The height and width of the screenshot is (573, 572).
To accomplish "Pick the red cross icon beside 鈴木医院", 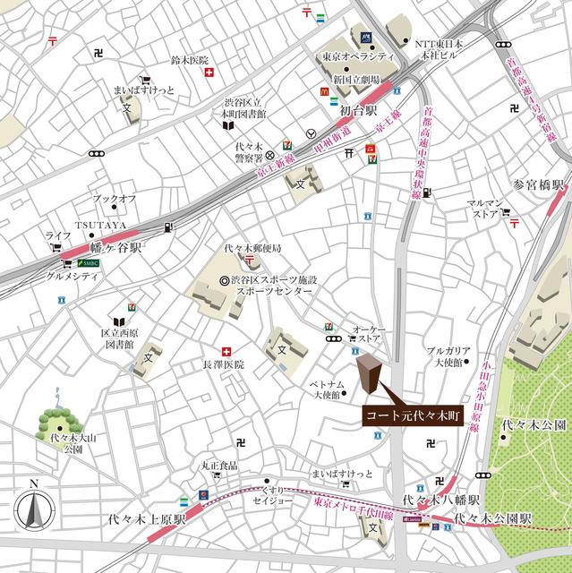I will pyautogui.click(x=210, y=75).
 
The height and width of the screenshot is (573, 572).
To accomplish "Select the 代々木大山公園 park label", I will pyautogui.click(x=61, y=444).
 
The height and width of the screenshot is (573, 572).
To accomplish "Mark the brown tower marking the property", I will pyautogui.click(x=369, y=376).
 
